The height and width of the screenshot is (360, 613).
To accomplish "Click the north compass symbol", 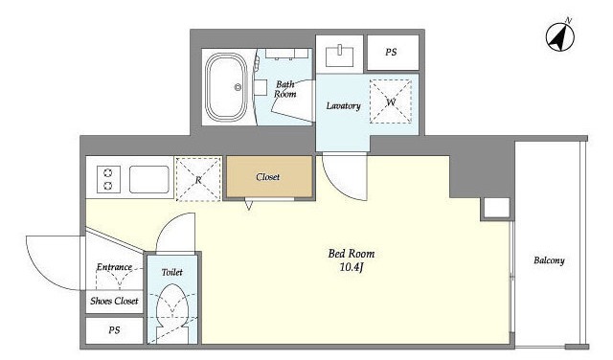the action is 559,37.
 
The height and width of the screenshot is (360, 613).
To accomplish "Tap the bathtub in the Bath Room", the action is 226,87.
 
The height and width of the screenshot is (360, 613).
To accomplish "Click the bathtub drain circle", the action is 238,87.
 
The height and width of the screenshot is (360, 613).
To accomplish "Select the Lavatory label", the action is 343,106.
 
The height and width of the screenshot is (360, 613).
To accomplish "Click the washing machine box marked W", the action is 391,101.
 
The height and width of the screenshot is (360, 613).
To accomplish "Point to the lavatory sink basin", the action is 340,56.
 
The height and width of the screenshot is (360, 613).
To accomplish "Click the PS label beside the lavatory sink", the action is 391,52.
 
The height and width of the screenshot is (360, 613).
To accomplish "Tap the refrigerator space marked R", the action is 198,179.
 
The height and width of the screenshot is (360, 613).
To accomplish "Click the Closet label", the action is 268,177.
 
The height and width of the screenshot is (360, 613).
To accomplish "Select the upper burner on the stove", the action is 108,172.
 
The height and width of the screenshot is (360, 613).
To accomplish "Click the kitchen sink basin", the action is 149,179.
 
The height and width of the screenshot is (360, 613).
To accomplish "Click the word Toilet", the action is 172,272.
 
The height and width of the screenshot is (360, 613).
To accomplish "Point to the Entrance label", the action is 114,267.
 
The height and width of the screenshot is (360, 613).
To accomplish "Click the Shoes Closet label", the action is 114,301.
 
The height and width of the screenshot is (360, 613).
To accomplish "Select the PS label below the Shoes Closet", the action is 114,330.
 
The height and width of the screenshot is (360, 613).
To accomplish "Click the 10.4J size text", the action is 352,268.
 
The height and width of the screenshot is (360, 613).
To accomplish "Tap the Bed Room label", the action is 352,254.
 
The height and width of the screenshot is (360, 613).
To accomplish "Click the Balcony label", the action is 549,260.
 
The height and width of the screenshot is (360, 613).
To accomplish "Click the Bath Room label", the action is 285,89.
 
